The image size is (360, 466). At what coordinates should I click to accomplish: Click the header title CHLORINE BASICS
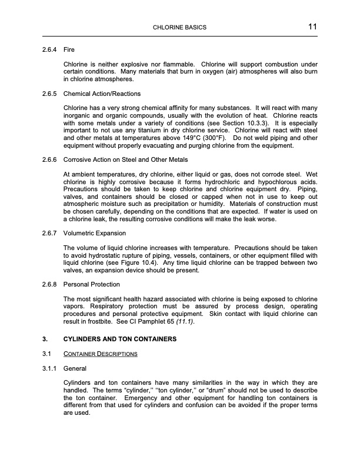click(179, 28)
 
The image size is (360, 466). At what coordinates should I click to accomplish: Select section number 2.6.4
click(49, 51)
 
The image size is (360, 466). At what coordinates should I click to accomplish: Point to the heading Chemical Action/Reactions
click(101, 94)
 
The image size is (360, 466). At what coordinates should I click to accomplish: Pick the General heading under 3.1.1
click(75, 369)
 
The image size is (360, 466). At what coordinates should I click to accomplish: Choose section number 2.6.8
click(49, 284)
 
